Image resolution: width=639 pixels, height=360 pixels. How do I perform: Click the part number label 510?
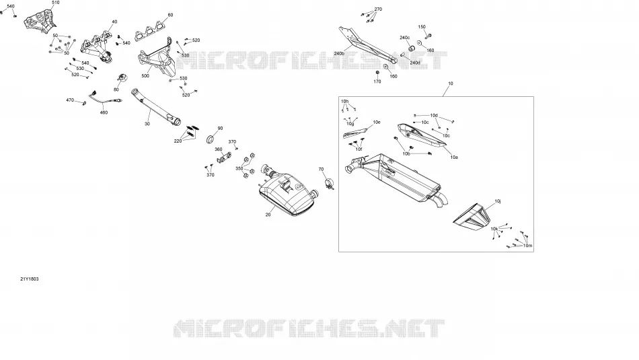(55, 3)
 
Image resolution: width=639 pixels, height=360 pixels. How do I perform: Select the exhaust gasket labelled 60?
(150, 32)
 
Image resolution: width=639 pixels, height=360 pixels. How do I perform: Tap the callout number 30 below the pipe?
(147, 124)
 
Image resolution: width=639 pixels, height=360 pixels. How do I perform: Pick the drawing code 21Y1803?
(30, 279)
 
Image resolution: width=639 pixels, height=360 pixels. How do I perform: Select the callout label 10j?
(498, 201)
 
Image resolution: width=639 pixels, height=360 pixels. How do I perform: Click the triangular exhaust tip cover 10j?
(471, 216)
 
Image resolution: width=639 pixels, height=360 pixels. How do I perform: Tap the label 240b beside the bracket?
(339, 53)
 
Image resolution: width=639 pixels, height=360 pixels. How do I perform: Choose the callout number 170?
(377, 81)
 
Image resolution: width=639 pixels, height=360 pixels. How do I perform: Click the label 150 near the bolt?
(422, 27)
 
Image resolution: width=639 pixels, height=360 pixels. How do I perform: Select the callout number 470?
(70, 100)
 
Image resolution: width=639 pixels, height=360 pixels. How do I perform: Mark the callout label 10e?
(377, 122)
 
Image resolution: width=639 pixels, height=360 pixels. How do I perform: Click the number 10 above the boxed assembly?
(450, 83)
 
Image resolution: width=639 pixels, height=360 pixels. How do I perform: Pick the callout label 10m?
(528, 246)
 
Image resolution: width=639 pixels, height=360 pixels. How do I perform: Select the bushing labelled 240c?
(412, 49)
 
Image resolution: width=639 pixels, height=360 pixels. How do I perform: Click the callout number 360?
(219, 149)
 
